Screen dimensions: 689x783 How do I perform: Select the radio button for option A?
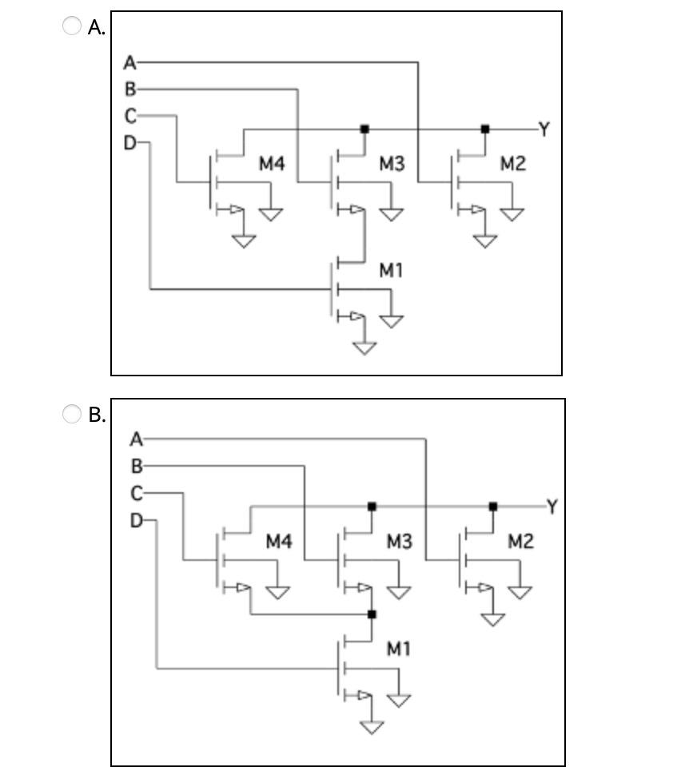(x=71, y=26)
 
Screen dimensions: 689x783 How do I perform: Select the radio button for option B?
(x=71, y=414)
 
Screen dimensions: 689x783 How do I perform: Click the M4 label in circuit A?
(x=272, y=163)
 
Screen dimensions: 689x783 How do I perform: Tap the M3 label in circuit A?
(x=392, y=163)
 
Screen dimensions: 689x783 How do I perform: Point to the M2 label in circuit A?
(x=513, y=163)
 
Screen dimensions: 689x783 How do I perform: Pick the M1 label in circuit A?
(x=391, y=270)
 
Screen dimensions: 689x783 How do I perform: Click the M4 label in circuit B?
(x=279, y=541)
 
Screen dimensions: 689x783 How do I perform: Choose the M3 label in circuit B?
(x=400, y=541)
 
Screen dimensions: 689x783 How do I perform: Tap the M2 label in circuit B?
(x=520, y=541)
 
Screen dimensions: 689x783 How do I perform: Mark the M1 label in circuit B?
(x=399, y=649)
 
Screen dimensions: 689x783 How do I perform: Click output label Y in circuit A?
(x=544, y=129)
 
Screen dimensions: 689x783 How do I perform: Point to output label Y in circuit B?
(x=552, y=507)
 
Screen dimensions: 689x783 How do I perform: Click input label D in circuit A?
(x=129, y=143)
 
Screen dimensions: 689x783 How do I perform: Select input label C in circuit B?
(x=137, y=494)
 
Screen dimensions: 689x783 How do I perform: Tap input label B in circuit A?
(x=130, y=89)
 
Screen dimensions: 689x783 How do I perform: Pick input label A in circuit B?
(x=137, y=439)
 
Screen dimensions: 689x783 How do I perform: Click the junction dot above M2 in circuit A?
(x=485, y=129)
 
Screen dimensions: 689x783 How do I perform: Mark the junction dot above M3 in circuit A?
(x=364, y=129)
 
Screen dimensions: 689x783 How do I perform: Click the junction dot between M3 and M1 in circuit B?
(x=372, y=614)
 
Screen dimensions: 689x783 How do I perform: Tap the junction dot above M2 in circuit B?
(x=493, y=507)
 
